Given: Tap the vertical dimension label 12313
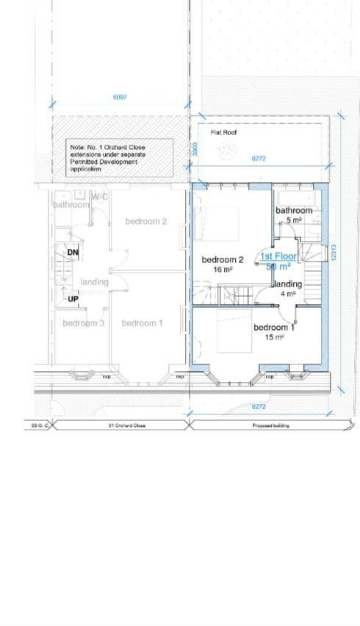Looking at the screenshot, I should [x=334, y=254].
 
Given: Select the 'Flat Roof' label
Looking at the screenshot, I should [x=223, y=133].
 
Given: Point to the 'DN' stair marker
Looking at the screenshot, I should [x=73, y=253].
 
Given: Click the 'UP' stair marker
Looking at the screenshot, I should [x=73, y=299].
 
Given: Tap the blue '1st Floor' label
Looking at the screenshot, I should [x=278, y=256].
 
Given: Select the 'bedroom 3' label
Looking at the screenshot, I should [x=83, y=323].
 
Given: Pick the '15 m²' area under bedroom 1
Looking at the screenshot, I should [x=273, y=337].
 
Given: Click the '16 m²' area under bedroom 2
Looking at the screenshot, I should [x=222, y=270].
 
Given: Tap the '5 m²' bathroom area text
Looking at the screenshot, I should [x=294, y=220].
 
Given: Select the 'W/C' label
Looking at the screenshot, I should [x=100, y=197].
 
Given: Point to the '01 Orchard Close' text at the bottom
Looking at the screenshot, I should [x=121, y=425].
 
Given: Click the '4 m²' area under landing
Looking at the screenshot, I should [x=287, y=293].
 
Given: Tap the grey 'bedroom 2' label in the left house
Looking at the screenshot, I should [x=145, y=221].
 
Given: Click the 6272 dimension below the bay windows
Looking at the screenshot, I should [x=259, y=406].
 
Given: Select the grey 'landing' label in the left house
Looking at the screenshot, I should [x=94, y=282].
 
